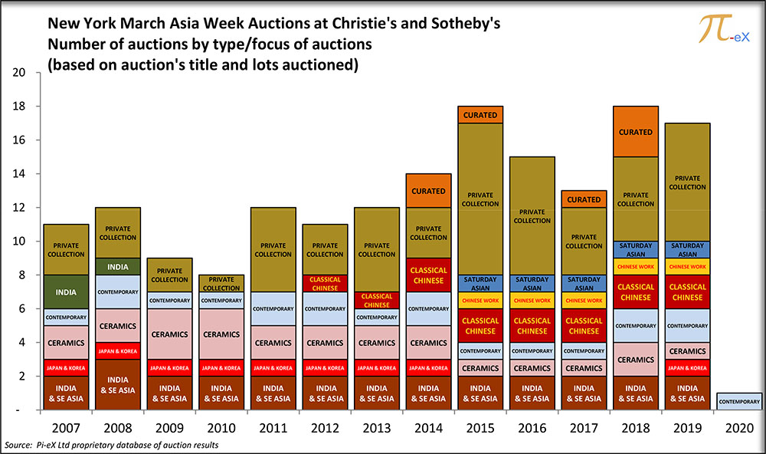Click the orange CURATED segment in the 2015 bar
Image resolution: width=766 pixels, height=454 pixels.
[480, 115]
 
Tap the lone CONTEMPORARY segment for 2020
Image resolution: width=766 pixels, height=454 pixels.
[740, 402]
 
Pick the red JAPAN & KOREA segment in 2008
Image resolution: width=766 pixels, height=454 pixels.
[118, 350]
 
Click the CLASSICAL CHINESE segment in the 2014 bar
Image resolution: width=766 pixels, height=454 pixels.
[428, 275]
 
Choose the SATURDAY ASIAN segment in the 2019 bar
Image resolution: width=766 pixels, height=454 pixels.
[688, 250]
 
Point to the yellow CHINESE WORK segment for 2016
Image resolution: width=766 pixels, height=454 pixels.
[532, 301]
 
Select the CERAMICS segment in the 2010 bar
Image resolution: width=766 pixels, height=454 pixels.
[221, 334]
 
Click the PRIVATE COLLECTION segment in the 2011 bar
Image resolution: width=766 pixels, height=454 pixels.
[273, 250]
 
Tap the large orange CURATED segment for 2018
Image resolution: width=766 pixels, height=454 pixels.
[636, 132]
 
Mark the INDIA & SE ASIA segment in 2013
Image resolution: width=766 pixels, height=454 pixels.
[377, 393]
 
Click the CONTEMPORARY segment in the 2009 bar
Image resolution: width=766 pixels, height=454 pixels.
[169, 301]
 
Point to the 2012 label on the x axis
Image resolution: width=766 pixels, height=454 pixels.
[325, 426]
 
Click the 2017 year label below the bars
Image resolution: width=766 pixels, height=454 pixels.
[584, 426]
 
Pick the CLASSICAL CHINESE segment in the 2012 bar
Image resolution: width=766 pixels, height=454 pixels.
[325, 284]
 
